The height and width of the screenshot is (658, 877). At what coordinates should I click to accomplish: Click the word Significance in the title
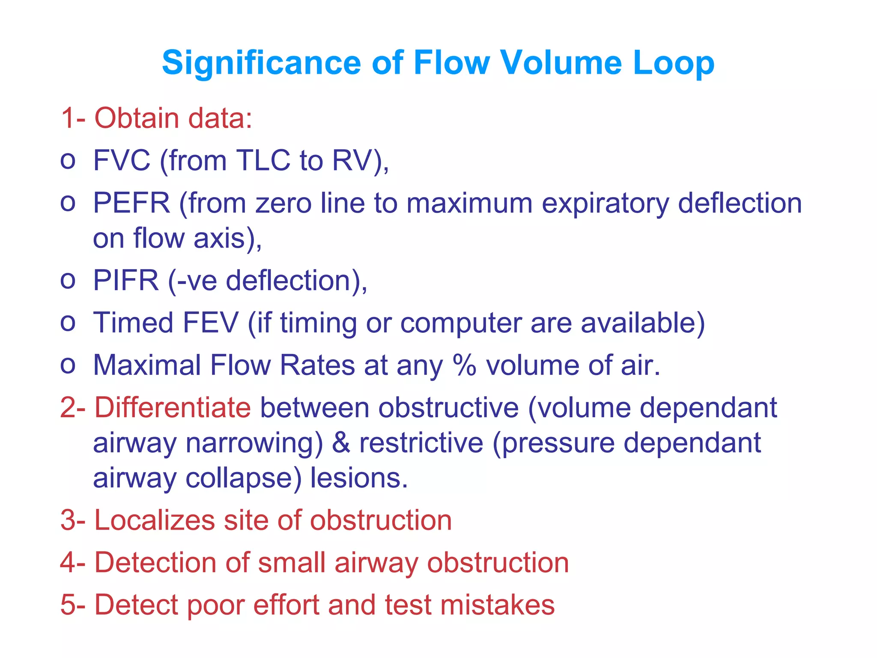(261, 63)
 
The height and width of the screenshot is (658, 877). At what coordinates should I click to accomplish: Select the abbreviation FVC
(122, 161)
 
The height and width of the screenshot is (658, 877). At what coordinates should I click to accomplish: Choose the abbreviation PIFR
(126, 281)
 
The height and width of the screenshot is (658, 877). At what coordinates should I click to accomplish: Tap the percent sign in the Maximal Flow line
(465, 365)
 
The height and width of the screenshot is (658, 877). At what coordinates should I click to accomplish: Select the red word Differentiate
(173, 407)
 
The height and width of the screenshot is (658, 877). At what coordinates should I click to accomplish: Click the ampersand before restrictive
(341, 443)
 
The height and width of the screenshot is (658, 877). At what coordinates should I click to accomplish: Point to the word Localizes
(154, 520)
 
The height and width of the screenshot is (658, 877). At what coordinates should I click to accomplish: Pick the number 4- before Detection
(73, 562)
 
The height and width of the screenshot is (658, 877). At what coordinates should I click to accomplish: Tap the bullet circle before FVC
(68, 161)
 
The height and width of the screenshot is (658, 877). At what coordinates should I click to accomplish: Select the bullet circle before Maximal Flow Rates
(68, 365)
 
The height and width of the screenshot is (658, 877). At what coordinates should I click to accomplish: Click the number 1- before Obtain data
(73, 118)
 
